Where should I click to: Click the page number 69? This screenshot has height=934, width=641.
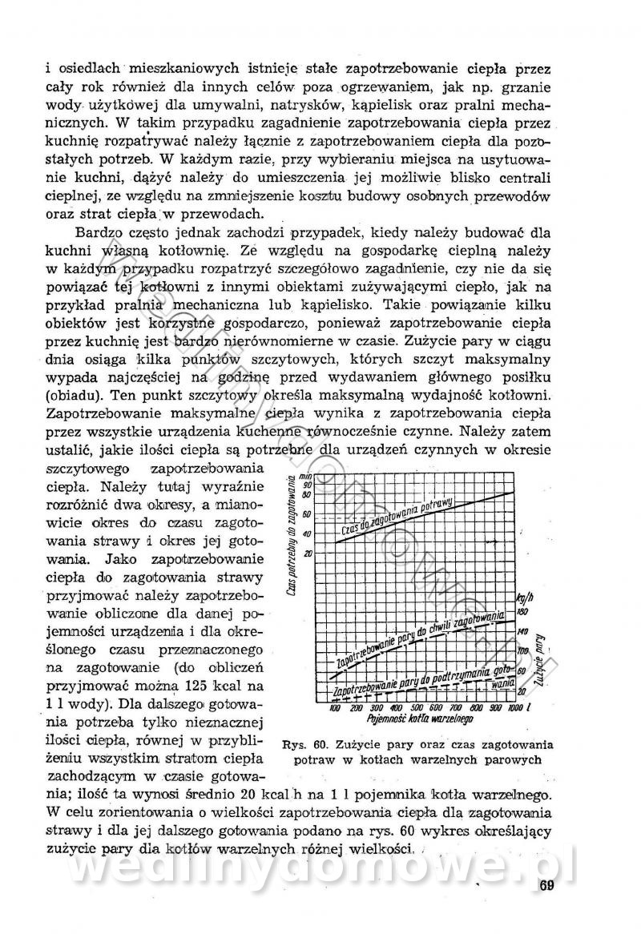pyautogui.click(x=547, y=884)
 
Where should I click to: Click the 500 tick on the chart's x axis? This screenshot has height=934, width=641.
pyautogui.click(x=416, y=708)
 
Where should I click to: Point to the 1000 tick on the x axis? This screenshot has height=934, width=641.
pyautogui.click(x=514, y=708)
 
